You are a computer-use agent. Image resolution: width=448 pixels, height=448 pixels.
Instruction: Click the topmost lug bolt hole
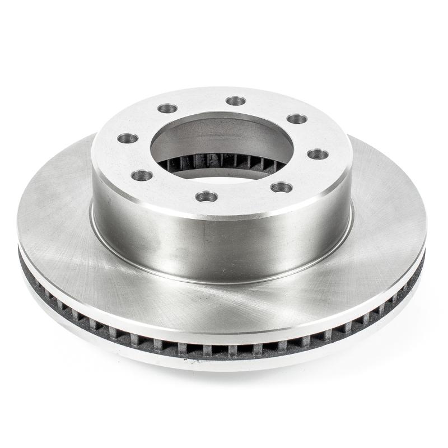[x=236, y=101]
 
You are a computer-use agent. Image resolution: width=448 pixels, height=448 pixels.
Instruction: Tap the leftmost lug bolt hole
[x=128, y=138]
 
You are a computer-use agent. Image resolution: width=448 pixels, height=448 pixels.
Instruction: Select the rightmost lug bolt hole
[x=318, y=154]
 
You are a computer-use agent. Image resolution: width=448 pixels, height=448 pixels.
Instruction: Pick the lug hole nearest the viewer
[x=207, y=197]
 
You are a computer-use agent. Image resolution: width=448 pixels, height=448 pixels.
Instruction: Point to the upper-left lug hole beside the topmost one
[x=167, y=108]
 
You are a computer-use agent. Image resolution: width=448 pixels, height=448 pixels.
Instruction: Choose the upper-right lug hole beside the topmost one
[x=297, y=119]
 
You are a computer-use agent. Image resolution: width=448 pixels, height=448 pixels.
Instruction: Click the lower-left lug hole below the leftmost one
[x=142, y=176]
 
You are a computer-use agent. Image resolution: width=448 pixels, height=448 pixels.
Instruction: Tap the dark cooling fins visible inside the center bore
[x=224, y=161]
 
